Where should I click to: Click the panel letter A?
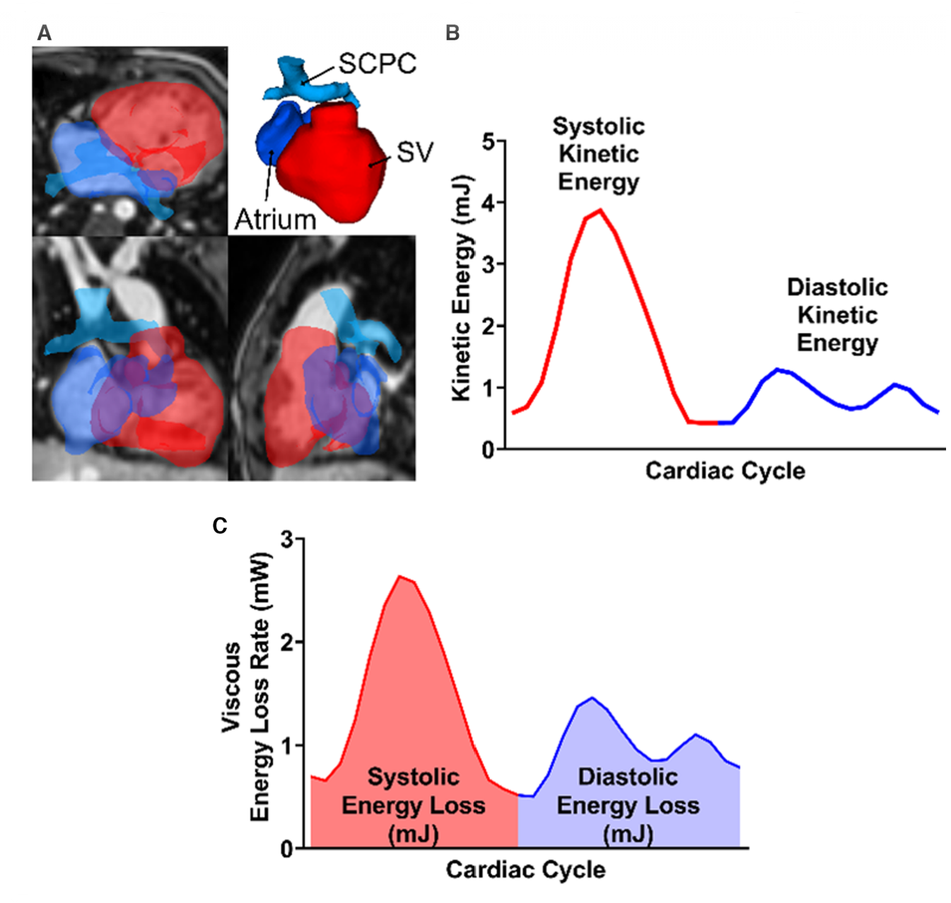click(44, 33)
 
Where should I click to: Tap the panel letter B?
click(453, 33)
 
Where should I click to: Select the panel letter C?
click(220, 526)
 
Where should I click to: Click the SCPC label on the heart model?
click(378, 64)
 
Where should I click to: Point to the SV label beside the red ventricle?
click(414, 152)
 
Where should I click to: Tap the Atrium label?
click(275, 220)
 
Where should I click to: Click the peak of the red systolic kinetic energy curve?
click(600, 210)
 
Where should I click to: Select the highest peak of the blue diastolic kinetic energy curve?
click(778, 369)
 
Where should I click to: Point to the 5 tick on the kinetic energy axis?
click(489, 141)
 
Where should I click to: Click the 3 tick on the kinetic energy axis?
click(489, 264)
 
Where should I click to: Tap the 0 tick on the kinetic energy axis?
click(489, 449)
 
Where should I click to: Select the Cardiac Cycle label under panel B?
click(725, 471)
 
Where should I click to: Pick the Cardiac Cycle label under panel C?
click(525, 870)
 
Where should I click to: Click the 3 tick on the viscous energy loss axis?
click(287, 539)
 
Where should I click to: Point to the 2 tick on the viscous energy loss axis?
click(287, 642)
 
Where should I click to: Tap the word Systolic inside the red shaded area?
click(414, 777)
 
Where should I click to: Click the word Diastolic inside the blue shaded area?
click(628, 777)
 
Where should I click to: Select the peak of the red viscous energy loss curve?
click(400, 577)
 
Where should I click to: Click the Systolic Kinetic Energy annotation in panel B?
click(599, 154)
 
